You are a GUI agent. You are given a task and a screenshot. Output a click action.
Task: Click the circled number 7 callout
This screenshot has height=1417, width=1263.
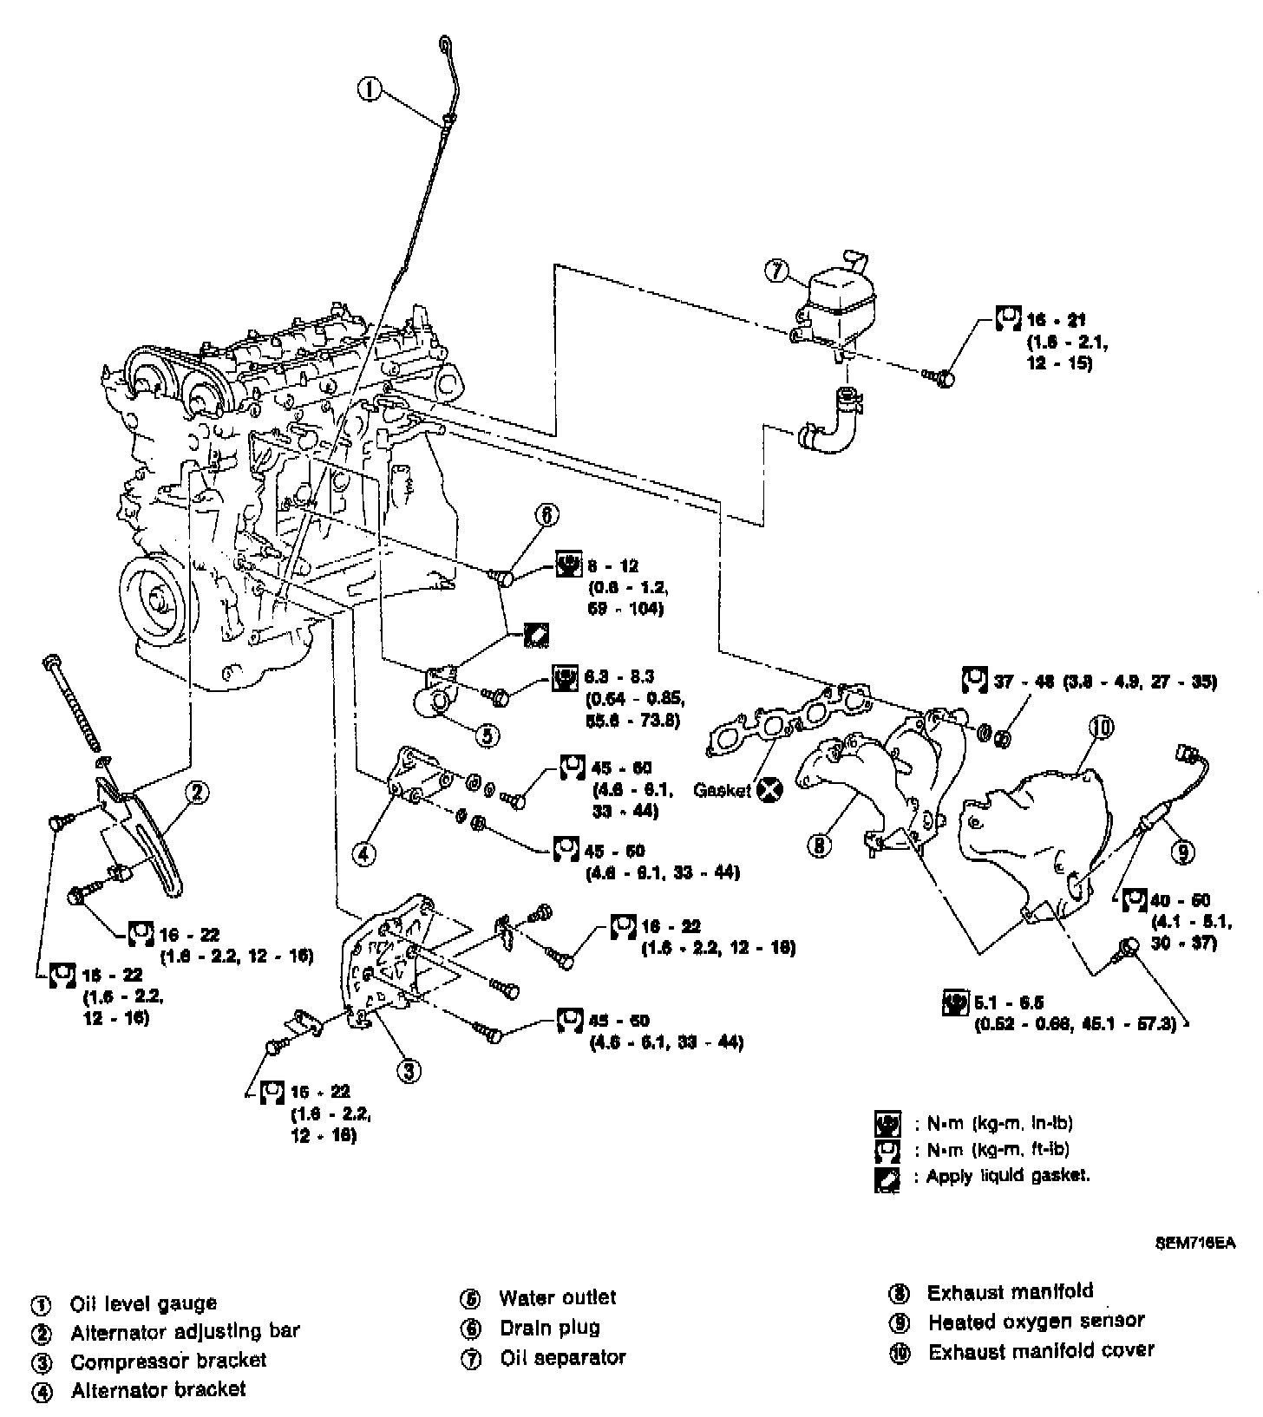point(775,271)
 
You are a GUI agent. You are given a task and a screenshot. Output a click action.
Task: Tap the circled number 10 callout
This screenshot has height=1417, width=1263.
point(1103,728)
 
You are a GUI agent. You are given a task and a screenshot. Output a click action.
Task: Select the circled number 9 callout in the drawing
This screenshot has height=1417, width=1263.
point(1181,852)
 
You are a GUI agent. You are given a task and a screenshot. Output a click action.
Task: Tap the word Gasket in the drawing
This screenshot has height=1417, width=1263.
point(722,791)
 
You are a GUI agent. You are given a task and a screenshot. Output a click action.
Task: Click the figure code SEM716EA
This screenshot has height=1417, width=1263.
point(1194,1242)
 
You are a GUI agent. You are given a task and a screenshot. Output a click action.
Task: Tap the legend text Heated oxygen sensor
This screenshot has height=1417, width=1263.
point(1036,1322)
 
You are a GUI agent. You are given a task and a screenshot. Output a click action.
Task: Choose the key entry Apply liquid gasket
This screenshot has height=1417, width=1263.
point(1007,1177)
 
